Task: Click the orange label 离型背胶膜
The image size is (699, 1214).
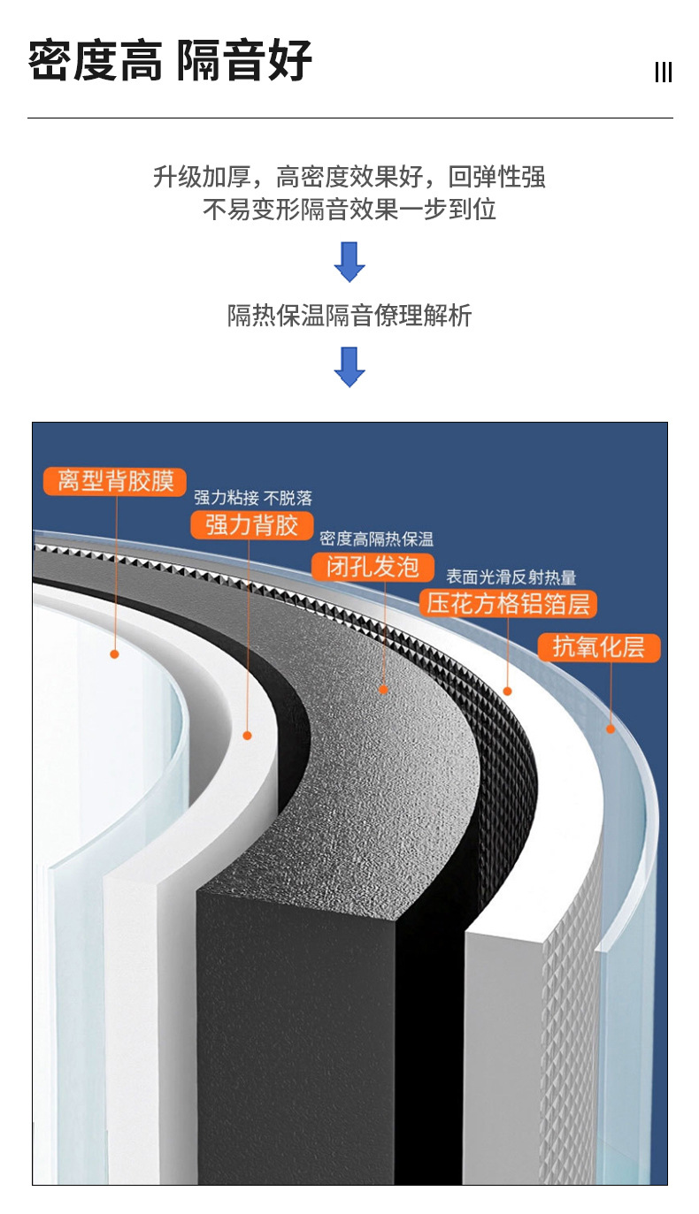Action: pyautogui.click(x=114, y=481)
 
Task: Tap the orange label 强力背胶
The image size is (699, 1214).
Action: pyautogui.click(x=252, y=525)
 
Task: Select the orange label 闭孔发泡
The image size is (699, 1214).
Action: pyautogui.click(x=373, y=567)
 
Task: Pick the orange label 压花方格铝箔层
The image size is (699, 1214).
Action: pyautogui.click(x=508, y=604)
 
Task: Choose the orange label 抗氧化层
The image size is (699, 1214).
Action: pyautogui.click(x=599, y=647)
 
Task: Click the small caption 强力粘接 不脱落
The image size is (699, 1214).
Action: pyautogui.click(x=253, y=499)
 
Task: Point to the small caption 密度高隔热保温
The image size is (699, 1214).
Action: pyautogui.click(x=376, y=539)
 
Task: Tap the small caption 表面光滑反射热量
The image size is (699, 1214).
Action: pyautogui.click(x=511, y=577)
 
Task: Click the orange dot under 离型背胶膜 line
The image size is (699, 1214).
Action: pyautogui.click(x=114, y=654)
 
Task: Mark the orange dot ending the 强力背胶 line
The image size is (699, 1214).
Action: pyautogui.click(x=248, y=735)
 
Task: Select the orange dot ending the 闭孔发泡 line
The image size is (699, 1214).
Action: pyautogui.click(x=383, y=689)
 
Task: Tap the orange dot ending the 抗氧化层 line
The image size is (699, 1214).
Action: pyautogui.click(x=610, y=729)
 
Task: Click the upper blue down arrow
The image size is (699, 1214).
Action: pyautogui.click(x=349, y=262)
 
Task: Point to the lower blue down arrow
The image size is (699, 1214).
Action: pyautogui.click(x=349, y=366)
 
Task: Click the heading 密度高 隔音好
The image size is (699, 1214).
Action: pyautogui.click(x=170, y=61)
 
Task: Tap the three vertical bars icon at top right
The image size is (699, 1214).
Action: pyautogui.click(x=664, y=73)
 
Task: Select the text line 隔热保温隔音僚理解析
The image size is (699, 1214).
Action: pyautogui.click(x=349, y=316)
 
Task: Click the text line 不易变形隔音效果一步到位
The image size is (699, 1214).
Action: pyautogui.click(x=349, y=210)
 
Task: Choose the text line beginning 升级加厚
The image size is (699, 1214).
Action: pyautogui.click(x=349, y=177)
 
